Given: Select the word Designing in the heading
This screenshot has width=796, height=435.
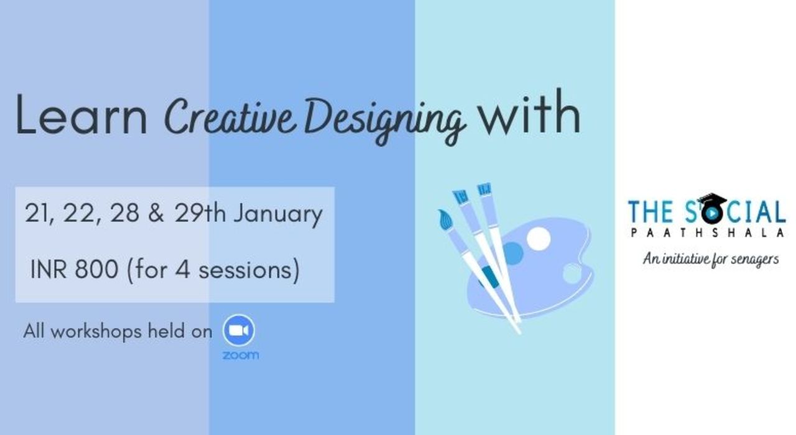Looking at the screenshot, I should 386,118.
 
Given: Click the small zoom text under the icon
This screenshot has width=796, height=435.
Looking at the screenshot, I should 240,355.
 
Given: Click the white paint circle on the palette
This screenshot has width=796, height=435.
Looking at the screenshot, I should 539,238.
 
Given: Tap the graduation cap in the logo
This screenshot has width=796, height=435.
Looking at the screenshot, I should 711,200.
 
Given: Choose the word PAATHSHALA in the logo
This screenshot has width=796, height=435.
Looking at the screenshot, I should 706,232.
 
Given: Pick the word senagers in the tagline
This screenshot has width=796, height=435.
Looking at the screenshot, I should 756,259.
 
